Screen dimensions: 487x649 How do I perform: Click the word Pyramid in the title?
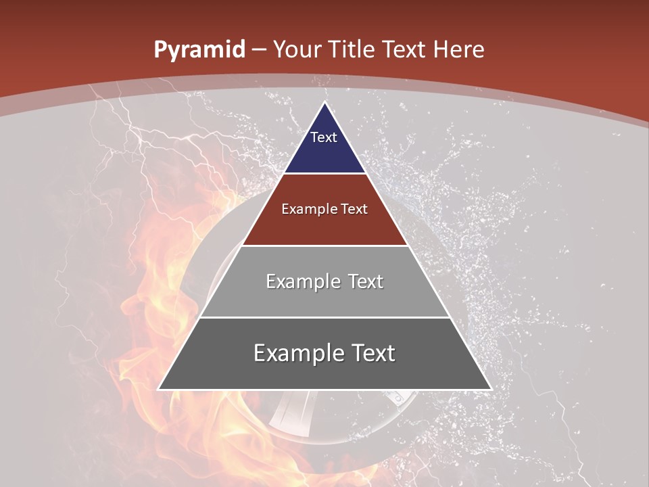(x=199, y=50)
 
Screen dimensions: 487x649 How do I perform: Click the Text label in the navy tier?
(x=324, y=137)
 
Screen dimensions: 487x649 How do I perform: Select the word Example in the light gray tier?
(x=302, y=281)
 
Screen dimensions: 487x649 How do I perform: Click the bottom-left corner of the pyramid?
(x=159, y=389)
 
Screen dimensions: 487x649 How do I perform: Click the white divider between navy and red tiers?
(x=324, y=174)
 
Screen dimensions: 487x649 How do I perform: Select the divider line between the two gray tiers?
(x=324, y=317)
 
